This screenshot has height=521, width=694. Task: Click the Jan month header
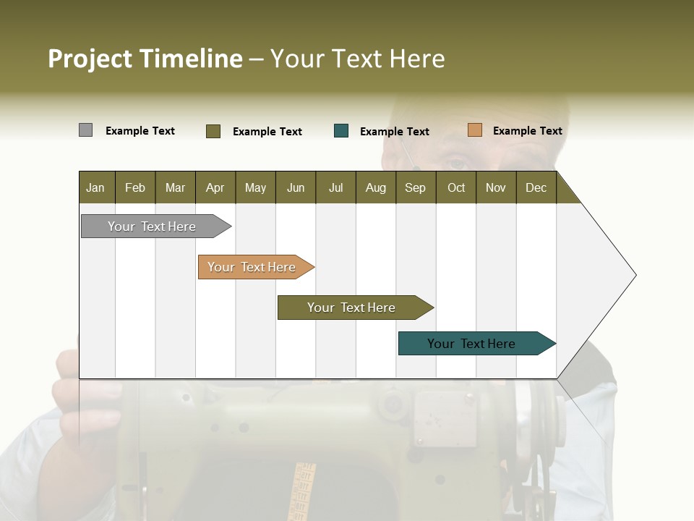tap(95, 187)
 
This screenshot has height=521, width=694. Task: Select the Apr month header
tap(215, 187)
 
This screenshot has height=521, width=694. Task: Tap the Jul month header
tap(335, 187)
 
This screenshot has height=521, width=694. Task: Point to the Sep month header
tap(415, 187)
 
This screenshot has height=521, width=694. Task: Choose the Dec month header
tap(536, 187)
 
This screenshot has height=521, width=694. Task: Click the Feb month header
tap(135, 187)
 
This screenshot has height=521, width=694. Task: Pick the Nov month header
tap(495, 187)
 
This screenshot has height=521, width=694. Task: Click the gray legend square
tap(85, 130)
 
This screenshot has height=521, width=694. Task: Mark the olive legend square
tap(213, 131)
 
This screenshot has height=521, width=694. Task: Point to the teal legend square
tap(341, 131)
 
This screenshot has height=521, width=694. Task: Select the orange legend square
tap(474, 130)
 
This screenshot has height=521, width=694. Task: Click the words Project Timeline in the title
tap(145, 59)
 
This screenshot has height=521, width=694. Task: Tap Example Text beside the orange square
tap(527, 131)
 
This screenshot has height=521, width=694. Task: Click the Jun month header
tap(295, 187)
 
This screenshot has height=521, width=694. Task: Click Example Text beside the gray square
tap(140, 131)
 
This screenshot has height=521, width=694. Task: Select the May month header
tap(255, 187)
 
